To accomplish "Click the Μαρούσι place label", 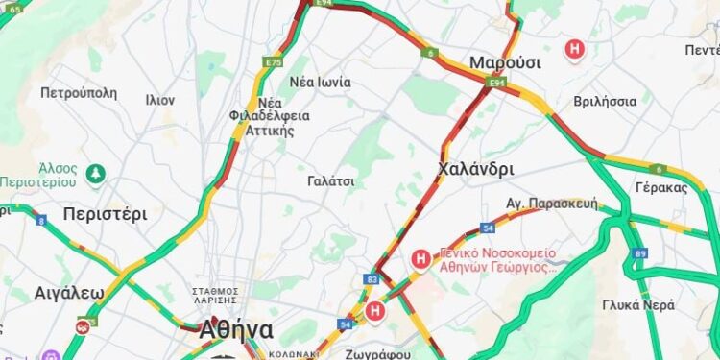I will click(505, 62).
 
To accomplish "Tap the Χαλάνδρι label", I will click(475, 169).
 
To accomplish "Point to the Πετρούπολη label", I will click(79, 93).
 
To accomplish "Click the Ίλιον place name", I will click(159, 99).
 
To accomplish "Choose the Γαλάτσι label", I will click(331, 180).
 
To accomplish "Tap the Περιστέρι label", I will click(105, 213).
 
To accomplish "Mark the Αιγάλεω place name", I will click(68, 292).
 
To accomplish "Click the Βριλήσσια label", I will click(605, 101).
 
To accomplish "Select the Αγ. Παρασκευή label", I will click(551, 204).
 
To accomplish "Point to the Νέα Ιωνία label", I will click(320, 82).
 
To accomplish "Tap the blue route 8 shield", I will click(40, 220).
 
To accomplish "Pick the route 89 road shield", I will click(640, 253).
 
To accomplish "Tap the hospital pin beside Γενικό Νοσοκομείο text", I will click(420, 258).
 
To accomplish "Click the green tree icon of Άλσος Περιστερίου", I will click(94, 173).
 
